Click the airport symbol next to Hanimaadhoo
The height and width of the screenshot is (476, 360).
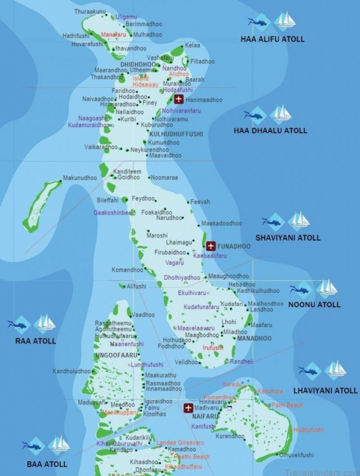179,99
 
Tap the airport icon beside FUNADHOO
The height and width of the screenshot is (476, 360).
210,245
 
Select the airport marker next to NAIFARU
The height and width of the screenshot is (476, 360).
188,408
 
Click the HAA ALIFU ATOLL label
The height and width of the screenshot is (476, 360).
273,39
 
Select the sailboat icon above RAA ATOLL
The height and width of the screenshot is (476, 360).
46,323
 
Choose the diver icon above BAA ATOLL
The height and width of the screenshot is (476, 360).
32,445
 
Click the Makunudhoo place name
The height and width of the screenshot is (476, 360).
80,178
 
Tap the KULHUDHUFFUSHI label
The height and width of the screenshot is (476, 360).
176,134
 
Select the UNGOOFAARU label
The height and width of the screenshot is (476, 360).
110,356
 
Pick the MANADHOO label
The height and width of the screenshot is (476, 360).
254,338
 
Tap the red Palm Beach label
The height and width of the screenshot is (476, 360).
287,405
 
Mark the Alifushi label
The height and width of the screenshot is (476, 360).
136,287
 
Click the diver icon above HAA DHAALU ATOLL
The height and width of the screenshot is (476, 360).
253,115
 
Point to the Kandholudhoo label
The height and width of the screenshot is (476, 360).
71,371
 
